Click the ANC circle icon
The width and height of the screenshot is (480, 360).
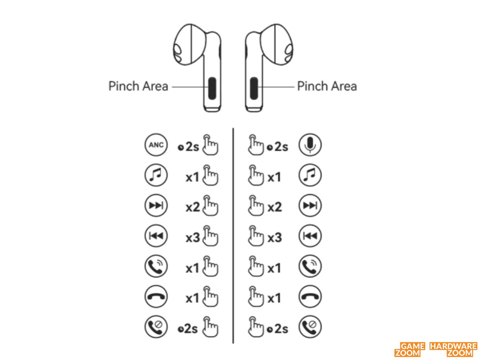coord(156,145)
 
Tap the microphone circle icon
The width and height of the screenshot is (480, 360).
coord(310,145)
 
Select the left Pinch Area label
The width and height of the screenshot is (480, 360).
coord(138,86)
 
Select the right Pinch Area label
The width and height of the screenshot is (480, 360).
coord(327,86)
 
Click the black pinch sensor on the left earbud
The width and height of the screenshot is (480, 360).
coord(212,88)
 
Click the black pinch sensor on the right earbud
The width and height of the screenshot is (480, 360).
coord(254,88)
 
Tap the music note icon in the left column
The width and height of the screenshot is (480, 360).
coord(156,175)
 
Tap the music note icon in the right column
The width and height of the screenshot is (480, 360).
coord(310,175)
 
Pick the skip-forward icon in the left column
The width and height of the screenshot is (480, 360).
coord(156,206)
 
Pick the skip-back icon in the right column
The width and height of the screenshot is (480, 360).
coord(310,236)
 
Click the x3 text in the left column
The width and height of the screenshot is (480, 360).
coord(193,238)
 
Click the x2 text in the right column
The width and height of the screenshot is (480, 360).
coord(275,207)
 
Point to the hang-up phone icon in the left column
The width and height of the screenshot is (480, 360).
coord(156,296)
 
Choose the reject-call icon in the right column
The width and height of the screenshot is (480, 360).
coord(310,327)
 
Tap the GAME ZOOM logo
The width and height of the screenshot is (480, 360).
coord(410,350)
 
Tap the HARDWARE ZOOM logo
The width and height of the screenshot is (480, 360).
coord(453,350)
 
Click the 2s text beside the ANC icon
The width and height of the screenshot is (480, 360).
coord(192,147)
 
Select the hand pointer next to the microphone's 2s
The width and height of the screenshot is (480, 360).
coord(256,145)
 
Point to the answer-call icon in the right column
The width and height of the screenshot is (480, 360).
coord(310,266)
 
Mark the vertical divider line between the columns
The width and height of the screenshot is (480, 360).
coord(233,236)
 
